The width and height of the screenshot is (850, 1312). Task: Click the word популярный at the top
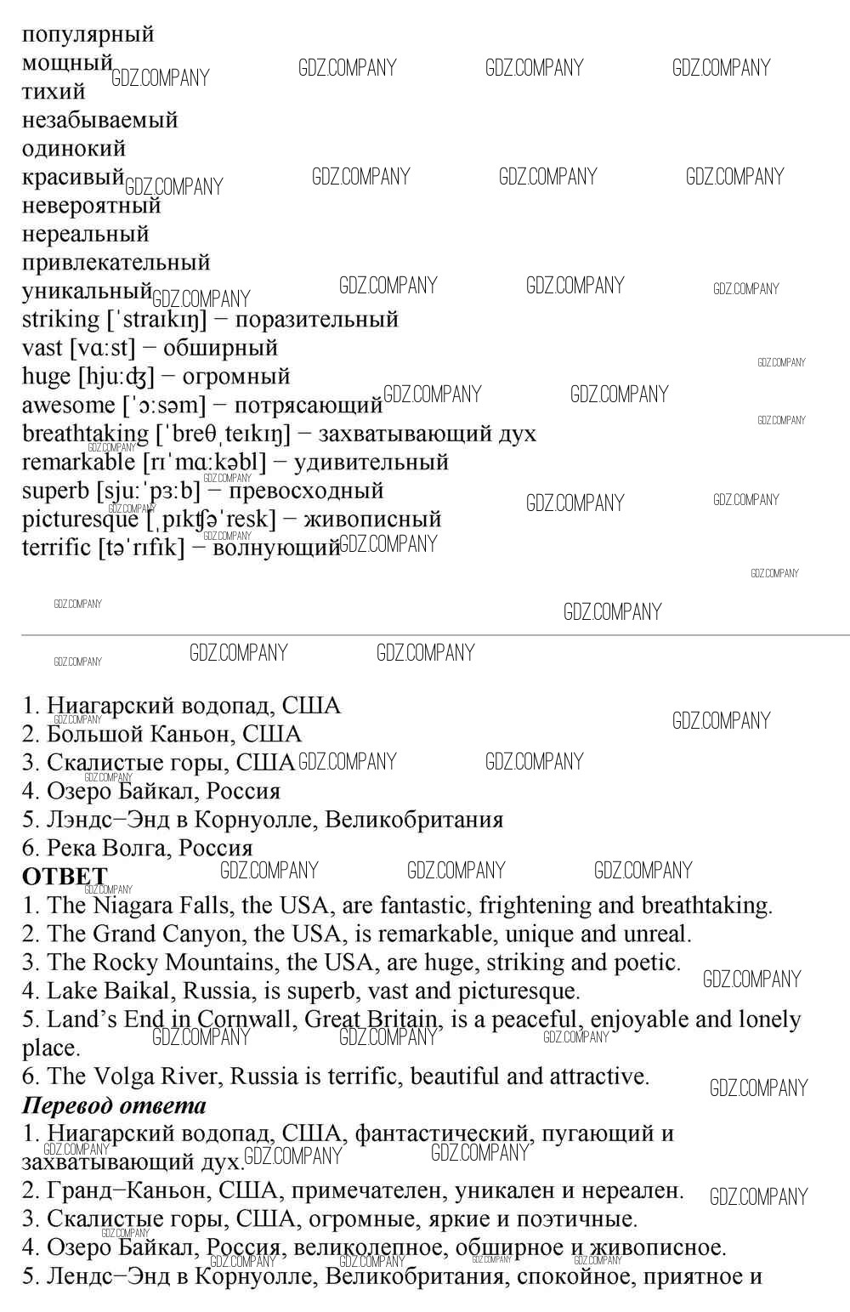tap(88, 35)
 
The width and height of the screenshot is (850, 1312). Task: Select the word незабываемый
tap(99, 120)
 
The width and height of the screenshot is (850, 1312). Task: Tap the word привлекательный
tap(116, 263)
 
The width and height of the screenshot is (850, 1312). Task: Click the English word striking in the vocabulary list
tap(60, 320)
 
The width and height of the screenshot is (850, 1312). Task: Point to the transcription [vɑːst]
tap(102, 348)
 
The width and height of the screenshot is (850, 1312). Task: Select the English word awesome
tap(68, 406)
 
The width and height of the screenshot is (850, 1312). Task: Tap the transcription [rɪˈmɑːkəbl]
tap(204, 463)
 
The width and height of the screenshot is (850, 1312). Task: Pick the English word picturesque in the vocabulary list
tap(80, 520)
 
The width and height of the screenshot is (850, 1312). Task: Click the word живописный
tap(372, 520)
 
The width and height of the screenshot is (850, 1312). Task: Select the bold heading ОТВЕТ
tap(65, 877)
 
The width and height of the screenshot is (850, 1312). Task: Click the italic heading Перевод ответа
tap(114, 1105)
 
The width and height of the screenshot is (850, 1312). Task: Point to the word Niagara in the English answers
tap(133, 906)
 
